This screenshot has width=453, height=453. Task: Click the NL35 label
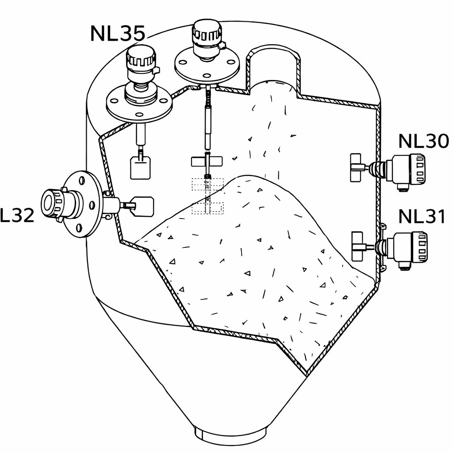tap(118, 34)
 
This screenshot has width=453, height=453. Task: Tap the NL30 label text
tap(423, 141)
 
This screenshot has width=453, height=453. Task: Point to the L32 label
tap(17, 215)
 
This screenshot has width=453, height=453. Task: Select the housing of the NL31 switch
tap(407, 250)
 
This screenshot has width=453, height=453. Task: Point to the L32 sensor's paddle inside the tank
tap(143, 206)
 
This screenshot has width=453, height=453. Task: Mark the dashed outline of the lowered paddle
tap(207, 196)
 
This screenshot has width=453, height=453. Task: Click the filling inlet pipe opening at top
tap(274, 62)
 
